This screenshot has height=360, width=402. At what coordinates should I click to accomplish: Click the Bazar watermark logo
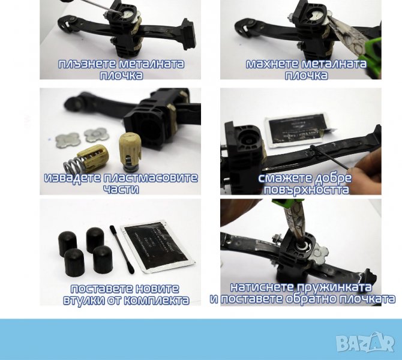click(x=365, y=343)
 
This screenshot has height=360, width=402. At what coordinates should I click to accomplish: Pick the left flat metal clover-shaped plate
click(x=68, y=140)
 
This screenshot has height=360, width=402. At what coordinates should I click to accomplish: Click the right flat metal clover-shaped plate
click(x=97, y=135)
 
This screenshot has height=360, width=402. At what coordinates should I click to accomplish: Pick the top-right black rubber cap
click(x=95, y=239)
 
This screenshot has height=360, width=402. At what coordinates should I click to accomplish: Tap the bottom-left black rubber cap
click(x=74, y=262)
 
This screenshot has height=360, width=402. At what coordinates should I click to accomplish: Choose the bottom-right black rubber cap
click(x=103, y=259)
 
